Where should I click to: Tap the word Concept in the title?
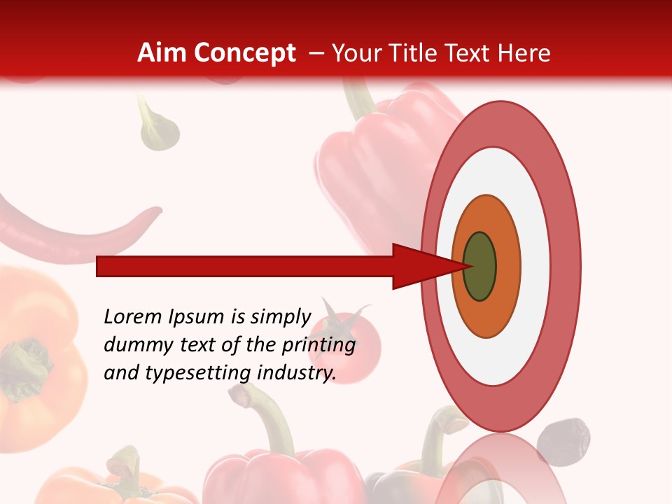(x=245, y=53)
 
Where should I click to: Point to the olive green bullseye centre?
(x=480, y=267)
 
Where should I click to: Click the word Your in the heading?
(x=356, y=53)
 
